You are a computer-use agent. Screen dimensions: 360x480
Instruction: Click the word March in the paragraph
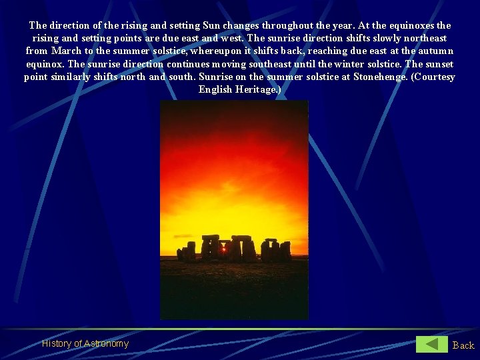[67, 51]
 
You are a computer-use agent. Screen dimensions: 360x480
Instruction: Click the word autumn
[435, 51]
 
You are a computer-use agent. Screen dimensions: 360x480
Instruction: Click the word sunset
[439, 64]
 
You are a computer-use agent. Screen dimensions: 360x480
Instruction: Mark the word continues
[191, 64]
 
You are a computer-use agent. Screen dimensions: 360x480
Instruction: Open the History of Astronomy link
[85, 344]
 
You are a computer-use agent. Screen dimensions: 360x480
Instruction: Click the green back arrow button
[432, 344]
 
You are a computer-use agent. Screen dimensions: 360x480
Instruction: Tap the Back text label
[463, 345]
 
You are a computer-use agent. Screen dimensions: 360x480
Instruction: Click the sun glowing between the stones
[223, 248]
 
